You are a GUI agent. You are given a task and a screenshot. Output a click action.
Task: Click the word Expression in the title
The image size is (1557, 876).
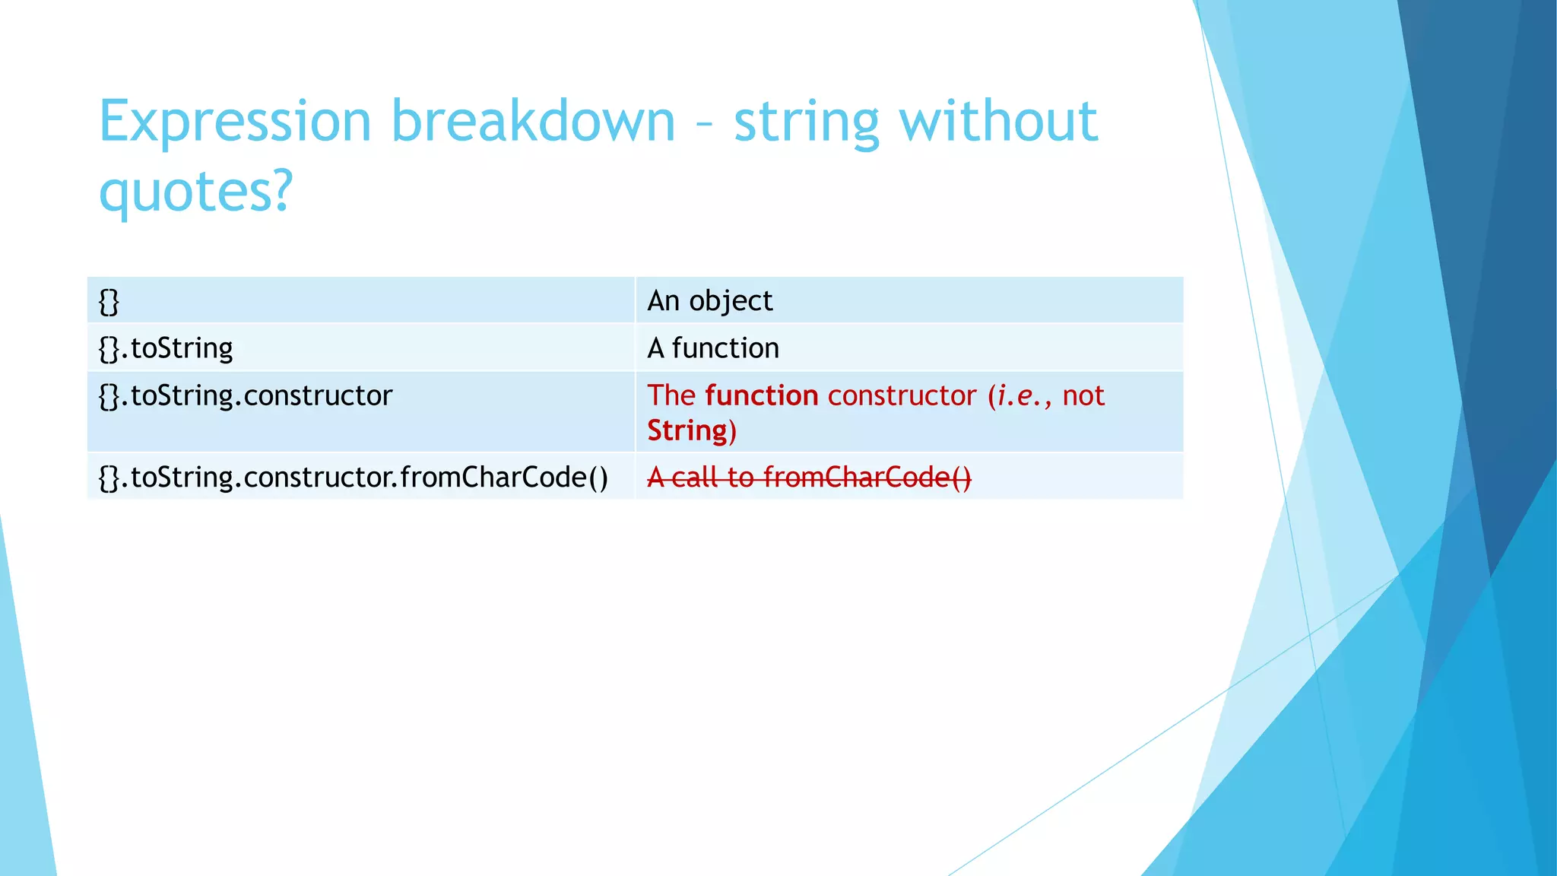click(234, 122)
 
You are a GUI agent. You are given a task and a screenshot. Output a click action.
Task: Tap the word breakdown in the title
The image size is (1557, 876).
click(533, 122)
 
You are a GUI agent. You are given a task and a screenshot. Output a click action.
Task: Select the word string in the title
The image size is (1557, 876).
click(806, 122)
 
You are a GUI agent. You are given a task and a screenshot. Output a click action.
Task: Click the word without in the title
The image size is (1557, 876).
click(998, 122)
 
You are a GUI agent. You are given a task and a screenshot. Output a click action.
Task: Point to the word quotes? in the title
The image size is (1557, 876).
click(196, 192)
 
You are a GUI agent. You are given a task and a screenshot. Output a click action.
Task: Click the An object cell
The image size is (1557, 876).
click(909, 301)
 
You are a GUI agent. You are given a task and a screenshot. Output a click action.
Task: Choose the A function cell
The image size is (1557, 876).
click(909, 348)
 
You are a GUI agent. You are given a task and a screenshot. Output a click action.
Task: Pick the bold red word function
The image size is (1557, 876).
click(761, 395)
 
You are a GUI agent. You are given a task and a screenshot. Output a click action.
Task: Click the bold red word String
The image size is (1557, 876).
click(687, 430)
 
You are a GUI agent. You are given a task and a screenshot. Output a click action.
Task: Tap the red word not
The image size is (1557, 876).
click(1083, 395)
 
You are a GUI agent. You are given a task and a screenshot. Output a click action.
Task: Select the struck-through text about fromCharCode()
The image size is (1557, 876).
click(809, 478)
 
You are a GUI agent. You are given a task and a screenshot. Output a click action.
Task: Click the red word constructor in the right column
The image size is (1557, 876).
click(902, 395)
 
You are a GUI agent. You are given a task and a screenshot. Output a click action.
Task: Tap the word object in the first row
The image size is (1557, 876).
click(731, 301)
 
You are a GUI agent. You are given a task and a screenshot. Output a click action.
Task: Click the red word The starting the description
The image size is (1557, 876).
click(671, 395)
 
